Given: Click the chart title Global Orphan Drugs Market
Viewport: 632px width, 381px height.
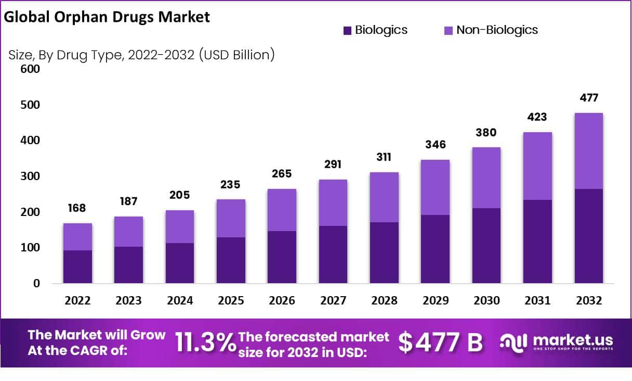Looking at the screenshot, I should (107, 17).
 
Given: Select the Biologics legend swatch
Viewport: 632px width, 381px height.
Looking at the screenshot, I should (348, 30).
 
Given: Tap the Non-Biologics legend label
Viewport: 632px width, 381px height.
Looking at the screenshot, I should (497, 30).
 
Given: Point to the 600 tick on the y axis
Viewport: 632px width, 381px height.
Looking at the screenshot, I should (30, 69).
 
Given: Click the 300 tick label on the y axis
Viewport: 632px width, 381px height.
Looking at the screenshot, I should (30, 176).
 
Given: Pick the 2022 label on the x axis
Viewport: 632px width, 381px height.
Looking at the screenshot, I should (77, 301).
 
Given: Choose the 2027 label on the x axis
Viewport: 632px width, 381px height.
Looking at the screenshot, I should (333, 301).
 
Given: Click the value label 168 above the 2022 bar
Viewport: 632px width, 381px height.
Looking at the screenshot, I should (77, 208).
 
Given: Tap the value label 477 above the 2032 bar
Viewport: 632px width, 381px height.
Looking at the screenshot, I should (588, 98).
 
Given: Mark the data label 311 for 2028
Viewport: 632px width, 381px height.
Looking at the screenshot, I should (384, 157).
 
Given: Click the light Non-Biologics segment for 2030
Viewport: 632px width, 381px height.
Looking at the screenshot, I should (486, 177).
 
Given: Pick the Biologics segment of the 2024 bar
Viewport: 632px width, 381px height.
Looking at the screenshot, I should (180, 263).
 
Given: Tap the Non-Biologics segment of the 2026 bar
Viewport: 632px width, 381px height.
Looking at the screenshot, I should (282, 210).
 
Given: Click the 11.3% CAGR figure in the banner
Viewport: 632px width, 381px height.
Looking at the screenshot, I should (205, 342).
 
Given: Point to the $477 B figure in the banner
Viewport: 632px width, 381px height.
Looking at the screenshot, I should (440, 342).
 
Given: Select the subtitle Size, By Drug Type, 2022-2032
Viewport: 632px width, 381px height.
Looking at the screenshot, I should (141, 55).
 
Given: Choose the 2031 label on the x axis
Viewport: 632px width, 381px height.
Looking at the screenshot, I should (537, 301).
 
